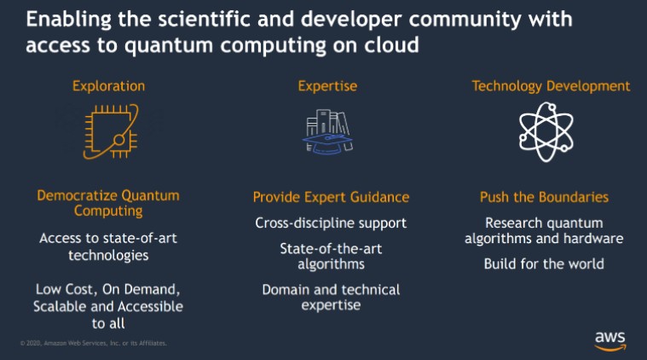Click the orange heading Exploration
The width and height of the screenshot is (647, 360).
(x=108, y=86)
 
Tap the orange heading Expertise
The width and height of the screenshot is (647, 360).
(x=327, y=86)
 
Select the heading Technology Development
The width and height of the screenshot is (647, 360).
(x=551, y=86)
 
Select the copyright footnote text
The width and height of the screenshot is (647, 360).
(x=93, y=344)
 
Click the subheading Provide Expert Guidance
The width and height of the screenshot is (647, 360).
(x=331, y=198)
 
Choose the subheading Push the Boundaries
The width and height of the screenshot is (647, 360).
(x=544, y=198)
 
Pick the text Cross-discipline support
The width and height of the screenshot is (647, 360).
(x=331, y=224)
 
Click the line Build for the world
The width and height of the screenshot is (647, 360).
(x=544, y=264)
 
